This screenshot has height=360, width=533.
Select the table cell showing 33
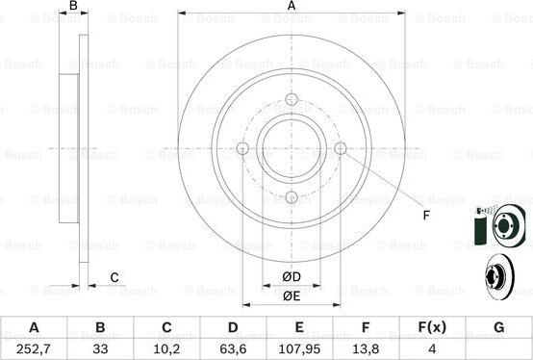click(x=100, y=347)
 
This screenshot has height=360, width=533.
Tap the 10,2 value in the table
click(x=166, y=347)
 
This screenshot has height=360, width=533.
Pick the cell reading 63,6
click(x=233, y=347)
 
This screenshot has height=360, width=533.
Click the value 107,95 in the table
click(x=299, y=347)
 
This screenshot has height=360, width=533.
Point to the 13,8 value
click(x=366, y=347)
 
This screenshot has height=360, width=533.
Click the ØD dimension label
click(x=292, y=278)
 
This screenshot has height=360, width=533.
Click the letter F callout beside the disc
click(x=425, y=216)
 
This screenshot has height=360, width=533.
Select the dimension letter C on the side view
click(x=114, y=278)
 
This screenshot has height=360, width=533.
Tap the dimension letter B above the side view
click(x=73, y=7)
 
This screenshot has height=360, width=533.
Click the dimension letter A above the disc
click(x=292, y=7)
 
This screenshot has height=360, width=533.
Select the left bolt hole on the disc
click(x=242, y=148)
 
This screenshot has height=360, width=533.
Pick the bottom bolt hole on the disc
click(x=292, y=197)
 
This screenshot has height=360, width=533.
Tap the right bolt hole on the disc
click(x=340, y=148)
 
